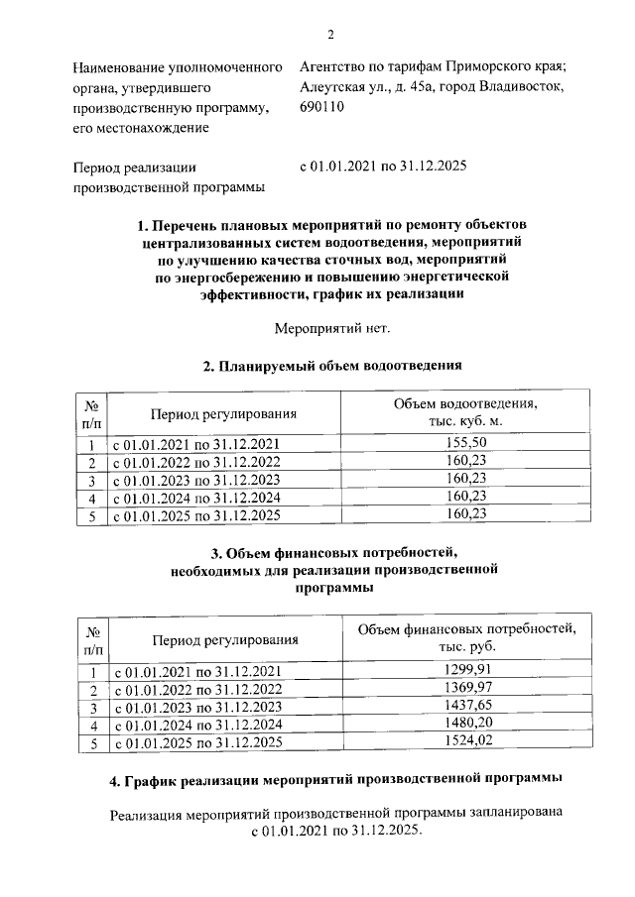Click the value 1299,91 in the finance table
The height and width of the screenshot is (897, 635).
pyautogui.click(x=465, y=671)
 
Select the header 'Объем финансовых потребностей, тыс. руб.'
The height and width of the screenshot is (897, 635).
pyautogui.click(x=465, y=638)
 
